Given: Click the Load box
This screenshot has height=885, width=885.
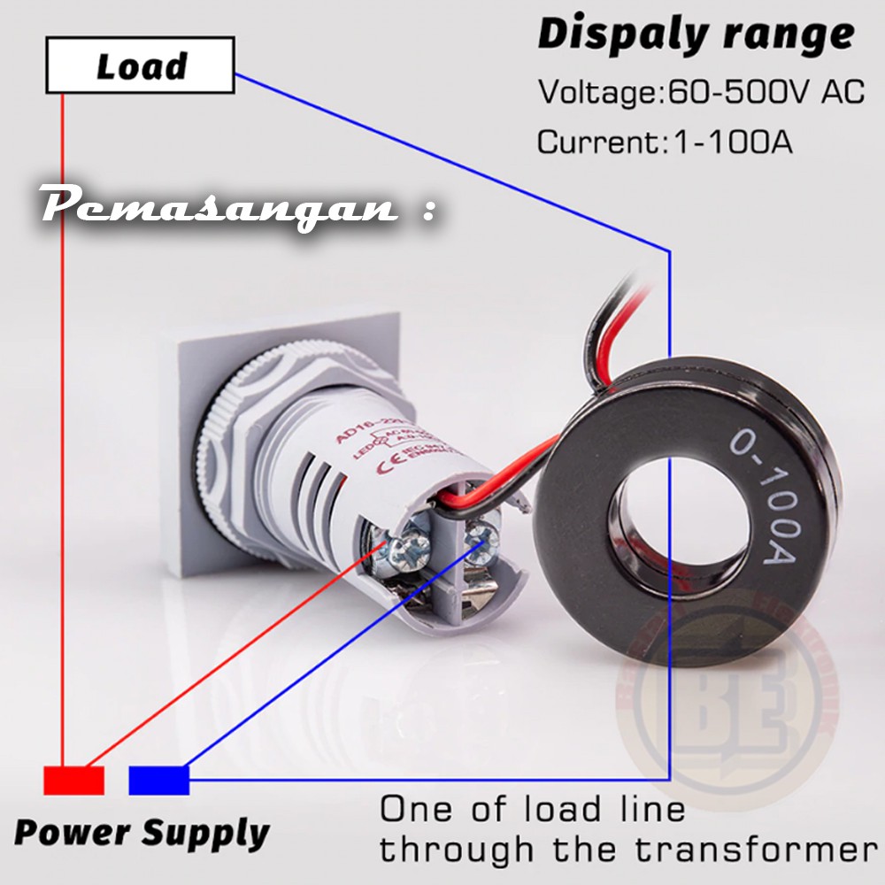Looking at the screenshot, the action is [140, 65].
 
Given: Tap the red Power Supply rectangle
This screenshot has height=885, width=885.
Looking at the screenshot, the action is [74, 780].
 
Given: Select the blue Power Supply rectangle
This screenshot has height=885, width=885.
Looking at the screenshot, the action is [159, 780].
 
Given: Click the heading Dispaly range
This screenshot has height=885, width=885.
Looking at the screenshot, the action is [696, 35].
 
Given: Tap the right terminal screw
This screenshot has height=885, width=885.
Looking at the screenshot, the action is [483, 535].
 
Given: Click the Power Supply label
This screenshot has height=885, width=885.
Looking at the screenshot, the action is [142, 833].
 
